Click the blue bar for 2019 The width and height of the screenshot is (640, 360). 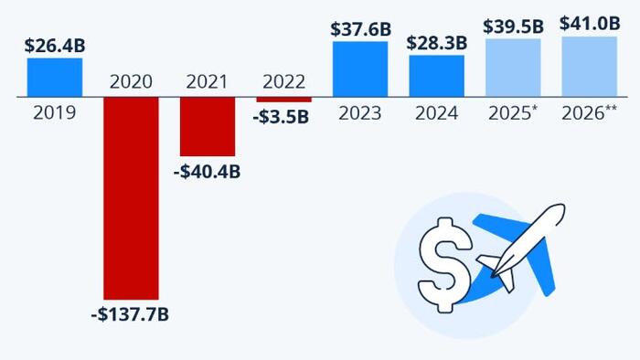click(x=54, y=77)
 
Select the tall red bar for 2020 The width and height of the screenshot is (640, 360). click(x=131, y=197)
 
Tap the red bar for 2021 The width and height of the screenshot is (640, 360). click(x=207, y=126)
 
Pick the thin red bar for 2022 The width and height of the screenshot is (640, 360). click(x=283, y=99)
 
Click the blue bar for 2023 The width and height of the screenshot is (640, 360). click(x=360, y=69)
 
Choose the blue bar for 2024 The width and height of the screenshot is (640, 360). click(x=436, y=76)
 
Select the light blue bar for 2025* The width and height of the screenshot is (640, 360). click(x=513, y=67)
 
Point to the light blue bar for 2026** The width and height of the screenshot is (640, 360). click(x=590, y=66)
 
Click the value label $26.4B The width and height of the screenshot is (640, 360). click(x=54, y=44)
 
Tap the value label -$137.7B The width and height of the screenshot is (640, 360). click(x=131, y=315)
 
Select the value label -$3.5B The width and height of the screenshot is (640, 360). click(x=283, y=118)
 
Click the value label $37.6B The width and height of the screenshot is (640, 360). click(x=360, y=28)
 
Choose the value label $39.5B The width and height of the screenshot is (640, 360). click(x=513, y=26)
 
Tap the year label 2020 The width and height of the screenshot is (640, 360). click(x=131, y=81)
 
